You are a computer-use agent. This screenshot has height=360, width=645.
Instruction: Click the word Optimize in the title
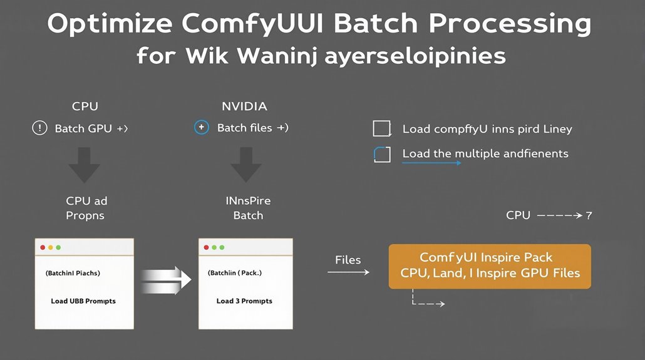(110, 24)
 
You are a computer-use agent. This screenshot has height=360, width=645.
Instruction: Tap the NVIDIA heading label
(244, 106)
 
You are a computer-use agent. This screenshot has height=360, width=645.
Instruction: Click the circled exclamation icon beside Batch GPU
(39, 128)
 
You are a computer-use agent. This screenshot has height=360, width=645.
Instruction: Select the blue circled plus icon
(202, 128)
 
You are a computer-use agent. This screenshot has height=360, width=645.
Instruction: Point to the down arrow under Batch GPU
(85, 165)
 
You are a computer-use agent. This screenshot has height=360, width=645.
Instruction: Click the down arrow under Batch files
(246, 165)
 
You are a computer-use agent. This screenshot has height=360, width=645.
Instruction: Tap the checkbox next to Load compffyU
(382, 128)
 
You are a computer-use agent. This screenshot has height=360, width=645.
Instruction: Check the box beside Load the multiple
(382, 154)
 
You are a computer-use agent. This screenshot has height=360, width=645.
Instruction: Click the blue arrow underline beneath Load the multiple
(431, 163)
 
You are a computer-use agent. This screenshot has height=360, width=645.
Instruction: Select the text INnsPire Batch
(248, 208)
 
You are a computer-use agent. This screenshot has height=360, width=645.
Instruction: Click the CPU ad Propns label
(86, 208)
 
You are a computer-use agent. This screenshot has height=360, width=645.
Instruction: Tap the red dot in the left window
(43, 247)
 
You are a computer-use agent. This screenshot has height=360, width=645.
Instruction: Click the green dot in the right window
(222, 247)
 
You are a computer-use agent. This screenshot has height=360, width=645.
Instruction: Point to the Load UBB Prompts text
(83, 301)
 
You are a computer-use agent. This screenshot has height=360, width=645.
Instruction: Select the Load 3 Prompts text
(244, 301)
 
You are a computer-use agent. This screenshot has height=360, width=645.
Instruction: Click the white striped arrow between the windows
(166, 280)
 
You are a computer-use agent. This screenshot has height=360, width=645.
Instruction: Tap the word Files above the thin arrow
(348, 260)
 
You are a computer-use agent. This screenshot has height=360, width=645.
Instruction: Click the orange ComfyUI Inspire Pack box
(490, 266)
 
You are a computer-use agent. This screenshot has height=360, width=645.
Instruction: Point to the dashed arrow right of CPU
(560, 215)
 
